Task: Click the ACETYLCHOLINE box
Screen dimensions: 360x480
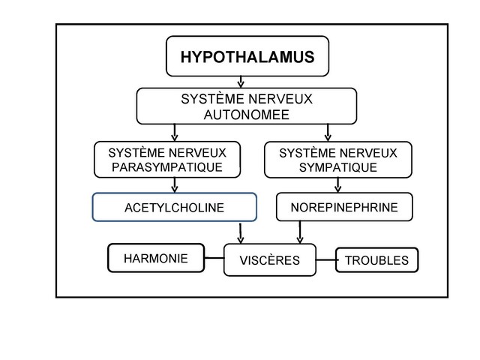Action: [x=174, y=208]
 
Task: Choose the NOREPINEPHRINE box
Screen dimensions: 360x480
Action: [x=344, y=207]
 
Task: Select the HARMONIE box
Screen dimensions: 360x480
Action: [x=156, y=259]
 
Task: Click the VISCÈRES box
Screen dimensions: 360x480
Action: [x=269, y=261]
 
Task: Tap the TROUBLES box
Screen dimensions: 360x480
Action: [x=376, y=261]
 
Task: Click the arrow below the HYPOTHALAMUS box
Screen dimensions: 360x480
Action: [x=240, y=82]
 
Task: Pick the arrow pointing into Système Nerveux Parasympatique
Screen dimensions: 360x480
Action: [x=175, y=133]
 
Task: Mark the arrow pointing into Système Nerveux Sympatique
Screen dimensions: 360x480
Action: [x=328, y=133]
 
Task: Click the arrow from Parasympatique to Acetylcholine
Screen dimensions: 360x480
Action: [x=175, y=185]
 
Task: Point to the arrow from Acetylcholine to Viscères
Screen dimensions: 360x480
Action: [x=241, y=232]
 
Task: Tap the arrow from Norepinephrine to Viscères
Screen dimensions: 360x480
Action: [x=300, y=232]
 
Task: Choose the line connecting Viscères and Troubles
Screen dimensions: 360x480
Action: [x=325, y=261]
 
